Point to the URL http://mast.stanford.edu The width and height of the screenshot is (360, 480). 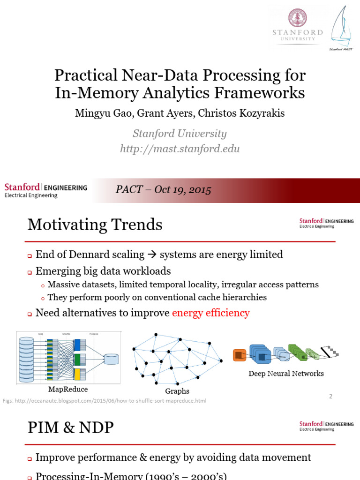click(180, 149)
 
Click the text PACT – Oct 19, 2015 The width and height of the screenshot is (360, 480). click(163, 190)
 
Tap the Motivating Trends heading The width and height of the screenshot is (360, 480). click(95, 225)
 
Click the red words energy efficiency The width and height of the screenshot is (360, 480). click(210, 313)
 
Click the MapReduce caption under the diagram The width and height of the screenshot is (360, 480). click(68, 389)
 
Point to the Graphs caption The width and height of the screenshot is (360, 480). click(177, 391)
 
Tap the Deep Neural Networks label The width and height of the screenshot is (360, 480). click(286, 374)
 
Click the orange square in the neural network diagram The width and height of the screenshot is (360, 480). click(239, 355)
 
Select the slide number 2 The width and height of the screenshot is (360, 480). click(330, 397)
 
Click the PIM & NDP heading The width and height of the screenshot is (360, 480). click(70, 427)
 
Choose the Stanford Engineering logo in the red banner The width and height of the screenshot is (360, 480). click(45, 190)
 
